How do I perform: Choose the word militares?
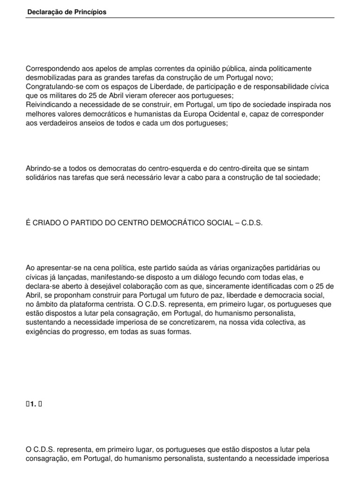(x=55, y=96)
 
